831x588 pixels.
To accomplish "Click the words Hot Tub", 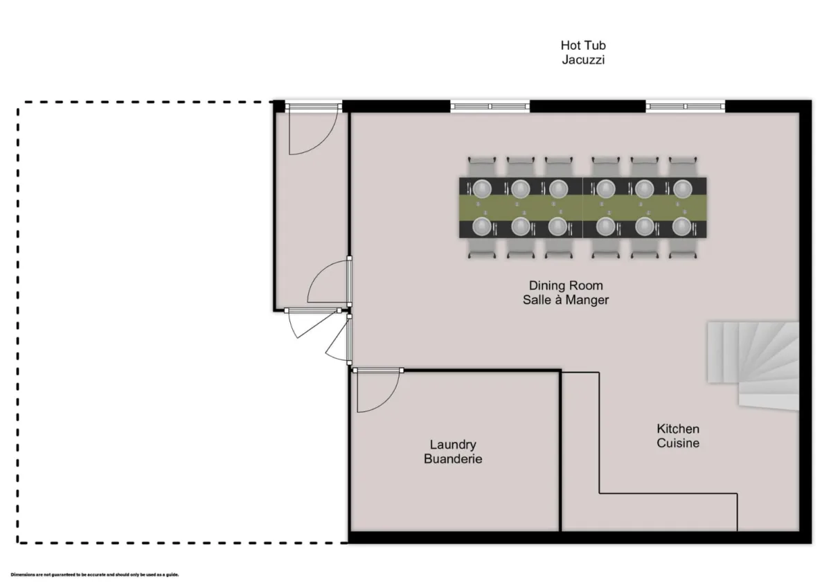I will (x=583, y=46).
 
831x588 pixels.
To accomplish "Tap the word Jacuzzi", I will (x=583, y=60).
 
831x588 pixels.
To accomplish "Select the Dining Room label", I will (x=566, y=285).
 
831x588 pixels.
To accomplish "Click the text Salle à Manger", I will (x=566, y=300).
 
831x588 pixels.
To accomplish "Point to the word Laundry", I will (x=453, y=445).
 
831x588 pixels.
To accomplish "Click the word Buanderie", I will (x=453, y=458).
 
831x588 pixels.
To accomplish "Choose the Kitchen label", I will (x=678, y=429).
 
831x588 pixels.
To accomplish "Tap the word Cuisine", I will (x=678, y=443).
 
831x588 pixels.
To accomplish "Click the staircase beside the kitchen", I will (x=753, y=364).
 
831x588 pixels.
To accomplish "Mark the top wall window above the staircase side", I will (x=686, y=107).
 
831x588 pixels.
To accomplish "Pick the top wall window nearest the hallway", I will (x=490, y=107).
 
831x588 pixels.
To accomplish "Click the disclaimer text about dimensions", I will (x=95, y=574).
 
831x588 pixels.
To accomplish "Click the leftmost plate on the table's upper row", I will (x=482, y=188).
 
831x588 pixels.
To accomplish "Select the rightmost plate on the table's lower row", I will (x=682, y=226).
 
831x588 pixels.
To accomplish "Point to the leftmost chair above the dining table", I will (x=482, y=166).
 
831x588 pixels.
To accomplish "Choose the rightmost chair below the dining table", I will (x=682, y=248).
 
